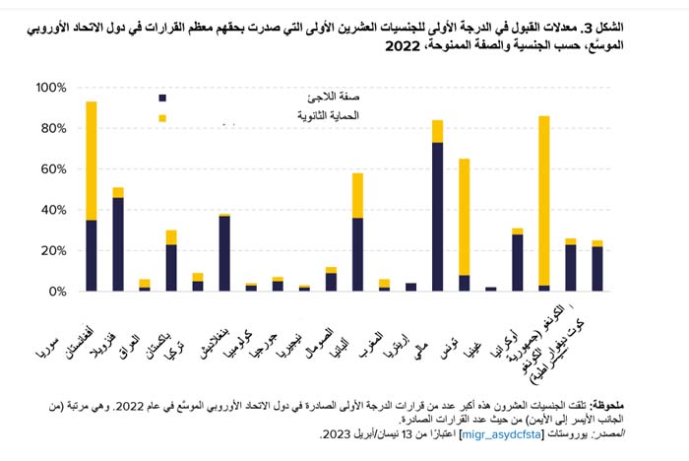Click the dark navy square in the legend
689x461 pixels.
pos(162,98)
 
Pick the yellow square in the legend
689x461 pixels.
pos(162,118)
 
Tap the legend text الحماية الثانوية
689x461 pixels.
pos(328,115)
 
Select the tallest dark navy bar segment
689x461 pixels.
pos(437,217)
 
